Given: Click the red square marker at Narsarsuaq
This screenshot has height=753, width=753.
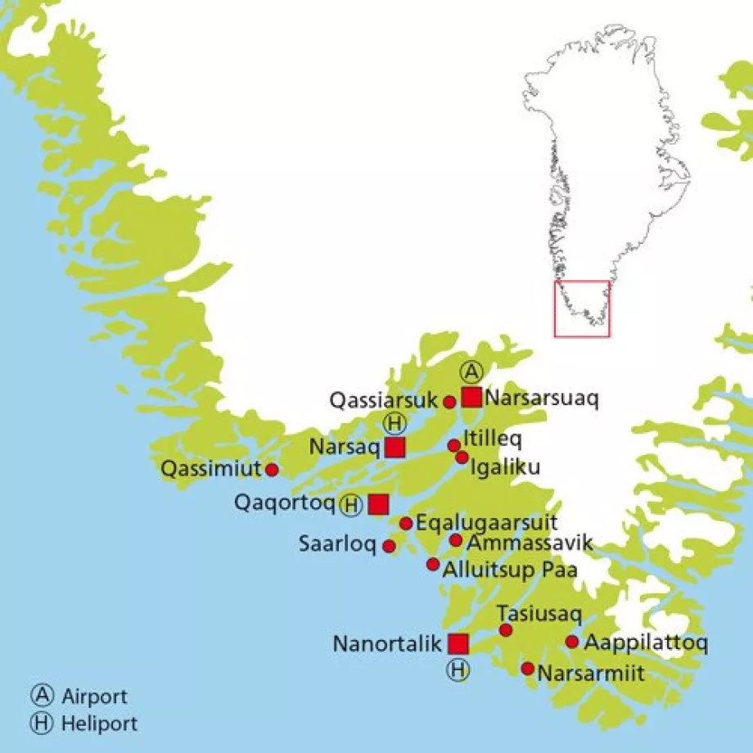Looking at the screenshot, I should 471,397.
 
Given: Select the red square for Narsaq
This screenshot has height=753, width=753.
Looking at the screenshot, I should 395,447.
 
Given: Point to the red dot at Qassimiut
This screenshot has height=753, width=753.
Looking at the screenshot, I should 272,470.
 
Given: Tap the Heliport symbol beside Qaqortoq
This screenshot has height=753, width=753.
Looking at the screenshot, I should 351,505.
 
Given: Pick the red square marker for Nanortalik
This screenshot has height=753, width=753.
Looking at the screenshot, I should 458,643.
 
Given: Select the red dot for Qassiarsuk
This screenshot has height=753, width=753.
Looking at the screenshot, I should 449,401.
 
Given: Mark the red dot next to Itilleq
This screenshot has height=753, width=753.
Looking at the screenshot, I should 454,445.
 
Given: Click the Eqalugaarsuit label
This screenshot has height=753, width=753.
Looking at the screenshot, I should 487,522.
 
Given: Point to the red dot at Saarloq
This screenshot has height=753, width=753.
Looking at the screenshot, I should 390,546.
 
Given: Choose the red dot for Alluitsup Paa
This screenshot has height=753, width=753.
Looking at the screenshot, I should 433,564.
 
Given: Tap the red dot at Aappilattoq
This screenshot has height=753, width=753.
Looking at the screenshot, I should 572,642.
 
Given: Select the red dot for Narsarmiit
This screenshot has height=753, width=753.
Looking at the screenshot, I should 528,669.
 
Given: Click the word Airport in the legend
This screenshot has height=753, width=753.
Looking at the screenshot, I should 94,697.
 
